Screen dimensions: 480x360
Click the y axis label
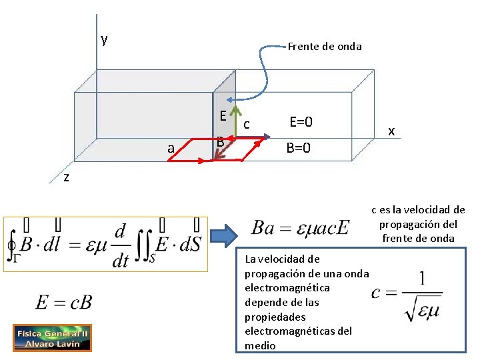coord(104,39)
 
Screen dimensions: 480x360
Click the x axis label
coord(392,131)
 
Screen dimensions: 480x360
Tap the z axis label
coord(66,177)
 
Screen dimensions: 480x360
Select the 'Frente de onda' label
coord(325,46)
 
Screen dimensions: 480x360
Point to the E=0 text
coord(301,122)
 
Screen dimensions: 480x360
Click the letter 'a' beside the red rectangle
coord(171,149)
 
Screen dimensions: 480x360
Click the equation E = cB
coord(64,302)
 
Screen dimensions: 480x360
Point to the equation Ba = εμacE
coord(301,228)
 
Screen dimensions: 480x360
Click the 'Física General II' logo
coord(52,338)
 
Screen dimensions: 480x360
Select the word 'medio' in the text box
coord(260,345)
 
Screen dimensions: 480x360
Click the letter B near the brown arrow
coord(220,142)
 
